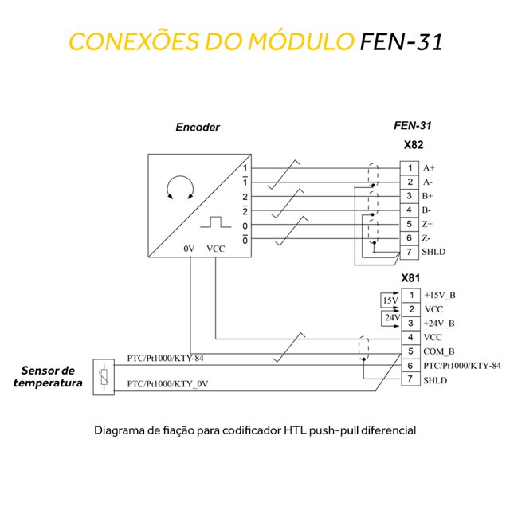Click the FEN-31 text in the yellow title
pyautogui.click(x=400, y=41)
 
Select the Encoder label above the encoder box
pyautogui.click(x=197, y=127)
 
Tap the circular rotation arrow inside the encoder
pyautogui.click(x=179, y=189)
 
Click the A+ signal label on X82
pyautogui.click(x=429, y=168)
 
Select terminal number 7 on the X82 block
pyautogui.click(x=409, y=253)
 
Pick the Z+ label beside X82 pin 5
pyautogui.click(x=428, y=225)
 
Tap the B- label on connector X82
pyautogui.click(x=427, y=210)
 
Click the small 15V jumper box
pyautogui.click(x=390, y=301)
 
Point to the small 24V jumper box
pyautogui.click(x=390, y=316)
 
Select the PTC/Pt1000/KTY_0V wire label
pyautogui.click(x=167, y=385)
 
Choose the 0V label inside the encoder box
pyautogui.click(x=189, y=249)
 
